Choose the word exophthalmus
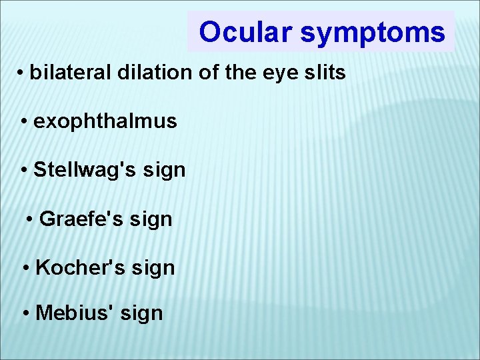point(105,121)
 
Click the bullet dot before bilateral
point(22,73)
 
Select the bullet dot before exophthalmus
point(25,122)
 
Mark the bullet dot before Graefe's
point(31,219)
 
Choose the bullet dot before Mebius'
point(26,313)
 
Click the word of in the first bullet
point(209,73)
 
